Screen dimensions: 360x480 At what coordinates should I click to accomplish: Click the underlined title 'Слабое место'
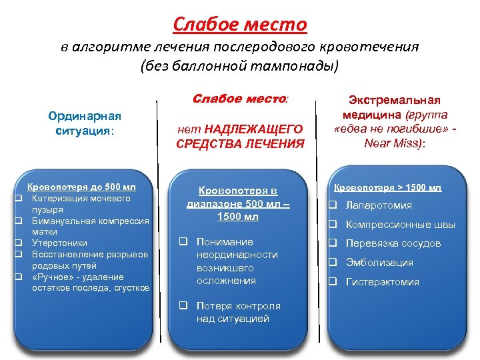(x=239, y=25)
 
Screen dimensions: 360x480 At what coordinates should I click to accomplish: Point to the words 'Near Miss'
(x=395, y=142)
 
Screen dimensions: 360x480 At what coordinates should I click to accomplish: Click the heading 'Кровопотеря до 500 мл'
(x=81, y=187)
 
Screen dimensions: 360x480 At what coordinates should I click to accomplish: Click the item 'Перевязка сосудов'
(x=393, y=243)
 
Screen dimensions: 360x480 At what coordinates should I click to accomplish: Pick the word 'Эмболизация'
(x=379, y=263)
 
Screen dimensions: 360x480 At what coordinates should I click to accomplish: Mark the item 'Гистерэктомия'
(x=382, y=282)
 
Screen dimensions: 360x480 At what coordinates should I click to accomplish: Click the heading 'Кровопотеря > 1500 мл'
(x=387, y=188)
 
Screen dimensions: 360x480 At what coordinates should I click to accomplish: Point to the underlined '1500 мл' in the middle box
(x=239, y=217)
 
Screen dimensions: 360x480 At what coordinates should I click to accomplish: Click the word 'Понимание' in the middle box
(x=225, y=242)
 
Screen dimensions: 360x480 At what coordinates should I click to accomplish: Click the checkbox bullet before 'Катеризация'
(x=20, y=199)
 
